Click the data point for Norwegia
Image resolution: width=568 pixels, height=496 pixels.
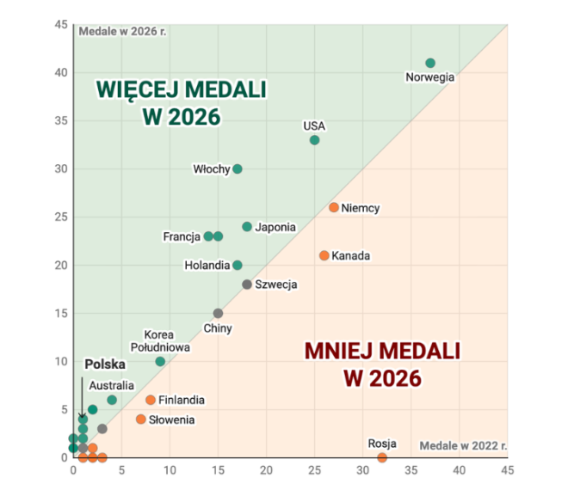click(x=430, y=63)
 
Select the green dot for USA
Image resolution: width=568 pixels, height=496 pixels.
click(x=314, y=140)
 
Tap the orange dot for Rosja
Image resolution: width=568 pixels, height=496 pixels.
click(x=382, y=457)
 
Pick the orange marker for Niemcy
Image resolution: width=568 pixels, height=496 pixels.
click(x=334, y=207)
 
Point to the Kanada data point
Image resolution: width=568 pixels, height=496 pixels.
click(x=324, y=255)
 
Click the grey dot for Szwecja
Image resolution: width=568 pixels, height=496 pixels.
click(x=247, y=285)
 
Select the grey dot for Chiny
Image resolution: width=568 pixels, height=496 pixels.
click(x=218, y=314)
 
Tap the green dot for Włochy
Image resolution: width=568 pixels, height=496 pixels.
click(x=238, y=168)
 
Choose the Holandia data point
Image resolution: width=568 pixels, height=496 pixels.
click(x=238, y=266)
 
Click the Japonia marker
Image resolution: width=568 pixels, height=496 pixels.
click(x=247, y=227)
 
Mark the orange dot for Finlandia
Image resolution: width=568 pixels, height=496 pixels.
click(x=151, y=400)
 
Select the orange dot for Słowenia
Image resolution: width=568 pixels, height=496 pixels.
click(x=141, y=419)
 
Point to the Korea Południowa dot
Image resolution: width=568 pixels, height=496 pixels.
click(x=160, y=362)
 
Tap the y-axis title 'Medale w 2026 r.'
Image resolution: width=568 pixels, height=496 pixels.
click(x=122, y=32)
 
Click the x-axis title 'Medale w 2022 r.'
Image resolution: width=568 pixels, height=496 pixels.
click(x=464, y=445)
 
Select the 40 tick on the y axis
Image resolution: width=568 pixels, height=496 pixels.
click(x=61, y=72)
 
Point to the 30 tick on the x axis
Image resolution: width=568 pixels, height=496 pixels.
click(x=363, y=470)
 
